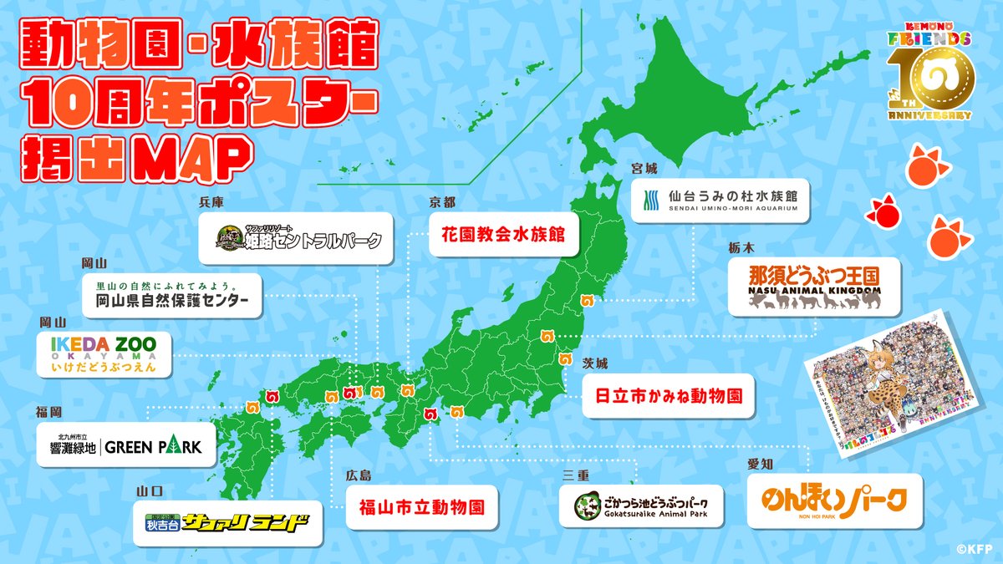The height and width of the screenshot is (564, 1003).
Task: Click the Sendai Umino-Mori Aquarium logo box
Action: pos(720,200)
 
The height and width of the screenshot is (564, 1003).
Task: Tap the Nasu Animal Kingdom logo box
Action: pos(803,287)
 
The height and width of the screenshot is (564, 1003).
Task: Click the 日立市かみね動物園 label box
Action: pos(668,395)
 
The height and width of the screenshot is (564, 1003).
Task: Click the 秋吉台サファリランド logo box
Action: pos(228,524)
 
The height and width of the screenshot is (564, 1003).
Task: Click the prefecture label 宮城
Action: pos(644,168)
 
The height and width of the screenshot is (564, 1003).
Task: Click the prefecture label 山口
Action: pos(150,492)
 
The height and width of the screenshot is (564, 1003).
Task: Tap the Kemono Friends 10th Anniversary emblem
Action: pos(929,77)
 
